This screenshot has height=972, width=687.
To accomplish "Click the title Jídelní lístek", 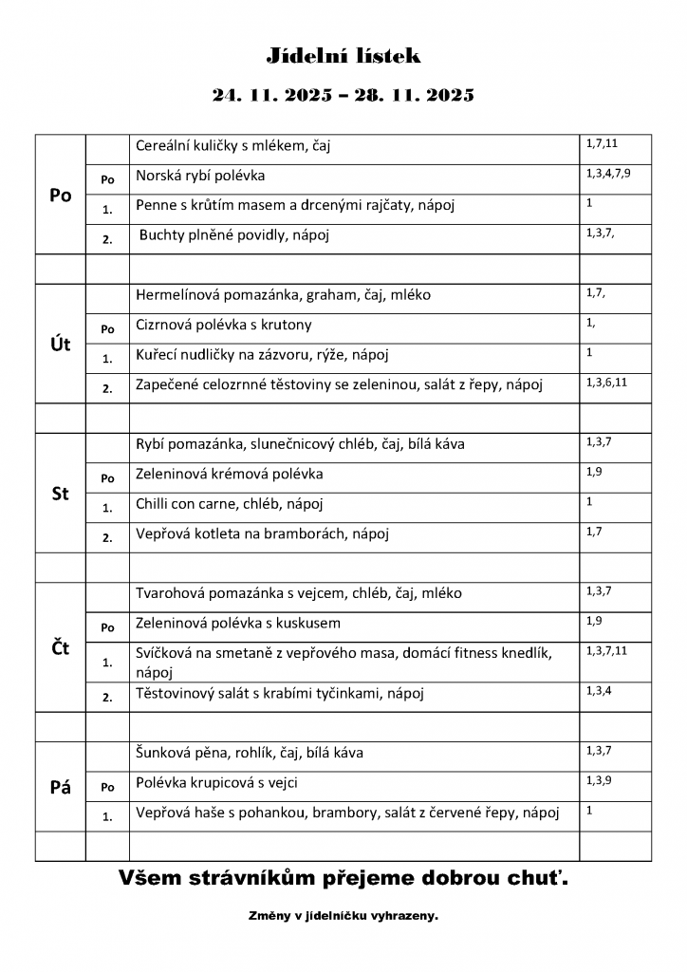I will (x=343, y=57).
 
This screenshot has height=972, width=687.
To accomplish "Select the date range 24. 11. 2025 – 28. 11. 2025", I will (x=343, y=95).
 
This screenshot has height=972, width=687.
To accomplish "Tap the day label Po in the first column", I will (x=60, y=196).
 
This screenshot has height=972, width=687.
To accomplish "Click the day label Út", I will (x=60, y=344).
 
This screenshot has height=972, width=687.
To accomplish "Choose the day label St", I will (x=60, y=494).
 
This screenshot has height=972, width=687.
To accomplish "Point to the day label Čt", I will (x=60, y=649).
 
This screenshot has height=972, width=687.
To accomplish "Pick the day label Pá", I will (x=60, y=787).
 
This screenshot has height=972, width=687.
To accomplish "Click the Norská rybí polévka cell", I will (x=200, y=176).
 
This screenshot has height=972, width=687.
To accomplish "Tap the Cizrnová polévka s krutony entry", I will (x=224, y=325).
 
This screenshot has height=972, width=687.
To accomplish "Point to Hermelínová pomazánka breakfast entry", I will (x=283, y=294).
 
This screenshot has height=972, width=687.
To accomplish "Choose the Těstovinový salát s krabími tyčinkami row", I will (x=280, y=694).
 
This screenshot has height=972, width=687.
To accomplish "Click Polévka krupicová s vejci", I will (x=223, y=783).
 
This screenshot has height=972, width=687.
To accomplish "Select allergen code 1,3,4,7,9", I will (x=608, y=174).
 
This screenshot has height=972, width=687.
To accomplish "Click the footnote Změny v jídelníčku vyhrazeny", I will (x=343, y=917).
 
